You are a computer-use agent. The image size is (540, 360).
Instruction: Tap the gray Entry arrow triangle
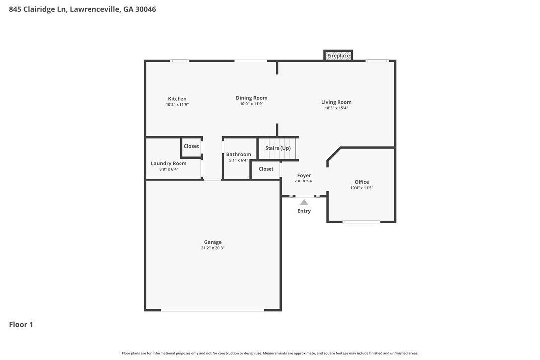click(304, 202)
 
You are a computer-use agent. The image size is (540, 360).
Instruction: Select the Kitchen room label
click(177, 99)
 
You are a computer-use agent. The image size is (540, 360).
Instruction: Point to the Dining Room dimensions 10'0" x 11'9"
click(252, 104)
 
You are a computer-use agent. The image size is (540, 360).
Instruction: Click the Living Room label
click(336, 102)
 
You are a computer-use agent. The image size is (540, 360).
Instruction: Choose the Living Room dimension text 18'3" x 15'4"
click(336, 108)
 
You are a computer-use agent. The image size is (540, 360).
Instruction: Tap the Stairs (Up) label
click(278, 148)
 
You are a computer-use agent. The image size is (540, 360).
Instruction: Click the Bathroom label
click(238, 154)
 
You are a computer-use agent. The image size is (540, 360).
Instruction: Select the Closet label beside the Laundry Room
click(191, 146)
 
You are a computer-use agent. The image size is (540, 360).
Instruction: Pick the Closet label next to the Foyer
click(266, 169)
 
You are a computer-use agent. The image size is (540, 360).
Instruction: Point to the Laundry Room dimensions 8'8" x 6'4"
click(169, 169)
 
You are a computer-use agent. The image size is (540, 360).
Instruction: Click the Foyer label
click(304, 176)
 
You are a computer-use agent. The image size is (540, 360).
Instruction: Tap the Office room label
click(361, 182)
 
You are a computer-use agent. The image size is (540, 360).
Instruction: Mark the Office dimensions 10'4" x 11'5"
click(361, 188)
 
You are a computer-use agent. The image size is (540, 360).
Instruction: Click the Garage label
click(213, 242)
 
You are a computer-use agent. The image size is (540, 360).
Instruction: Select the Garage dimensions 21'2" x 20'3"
click(213, 248)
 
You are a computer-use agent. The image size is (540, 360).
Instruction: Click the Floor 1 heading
click(21, 324)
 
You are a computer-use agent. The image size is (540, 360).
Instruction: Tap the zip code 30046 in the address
click(145, 9)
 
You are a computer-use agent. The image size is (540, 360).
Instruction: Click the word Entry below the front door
click(304, 211)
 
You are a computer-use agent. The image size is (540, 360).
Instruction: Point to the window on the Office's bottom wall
click(361, 222)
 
